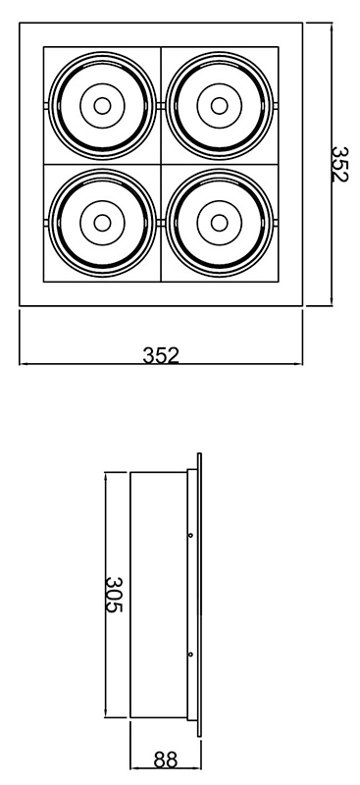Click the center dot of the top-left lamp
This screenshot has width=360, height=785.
coord(102,106)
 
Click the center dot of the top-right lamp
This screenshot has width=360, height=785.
coord(220,106)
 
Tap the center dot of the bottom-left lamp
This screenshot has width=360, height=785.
coord(102,223)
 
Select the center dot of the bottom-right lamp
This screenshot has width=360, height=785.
coord(220,223)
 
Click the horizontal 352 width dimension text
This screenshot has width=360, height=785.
coord(161,355)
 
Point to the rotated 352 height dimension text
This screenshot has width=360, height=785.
coord(340,164)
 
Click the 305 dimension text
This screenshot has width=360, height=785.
coord(114,595)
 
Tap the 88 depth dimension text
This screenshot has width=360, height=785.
coord(165,759)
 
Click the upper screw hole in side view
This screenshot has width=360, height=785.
coord(190,535)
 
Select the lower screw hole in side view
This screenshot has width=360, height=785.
coord(190,654)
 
